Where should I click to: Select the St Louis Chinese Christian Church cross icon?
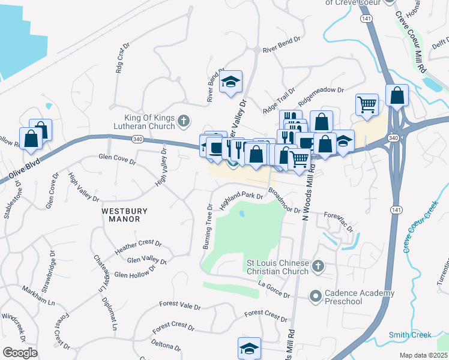coord(318,265)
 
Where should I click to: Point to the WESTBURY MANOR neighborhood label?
coord(121,215)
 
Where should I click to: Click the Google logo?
coord(19,353)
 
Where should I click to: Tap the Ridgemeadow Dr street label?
coord(321,96)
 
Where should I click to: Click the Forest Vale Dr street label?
coord(180,306)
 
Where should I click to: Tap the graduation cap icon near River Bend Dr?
coord(231,83)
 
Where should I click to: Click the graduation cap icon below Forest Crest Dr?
coord(250,348)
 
